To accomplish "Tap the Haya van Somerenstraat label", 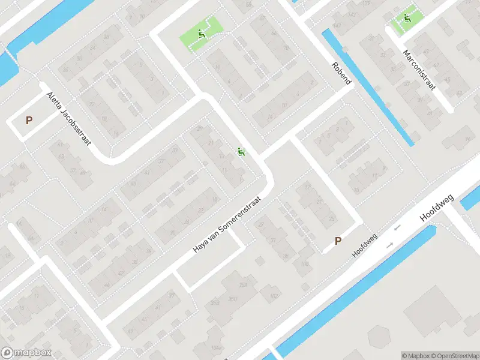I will tap(228, 224).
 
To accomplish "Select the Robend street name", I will tap(342, 73).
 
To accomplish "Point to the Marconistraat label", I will tap(419, 70).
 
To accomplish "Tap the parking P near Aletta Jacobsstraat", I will tap(29, 120).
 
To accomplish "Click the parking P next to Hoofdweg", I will tap(338, 241).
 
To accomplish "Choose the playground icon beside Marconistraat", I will tap(407, 18).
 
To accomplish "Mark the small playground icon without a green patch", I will tap(242, 152).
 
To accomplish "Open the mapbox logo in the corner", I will tap(26, 353).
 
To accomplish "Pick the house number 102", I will tap(275, 296).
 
